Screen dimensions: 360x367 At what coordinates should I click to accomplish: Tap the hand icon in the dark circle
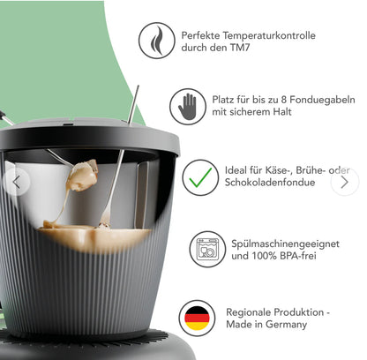[x=187, y=107]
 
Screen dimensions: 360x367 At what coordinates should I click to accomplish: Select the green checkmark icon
[x=200, y=177]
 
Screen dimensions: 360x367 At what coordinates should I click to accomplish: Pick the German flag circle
[x=197, y=318]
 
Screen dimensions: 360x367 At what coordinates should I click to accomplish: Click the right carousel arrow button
[x=344, y=182]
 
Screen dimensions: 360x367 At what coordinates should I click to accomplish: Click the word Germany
[x=288, y=324]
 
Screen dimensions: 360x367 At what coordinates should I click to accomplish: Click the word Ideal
[x=236, y=169]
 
